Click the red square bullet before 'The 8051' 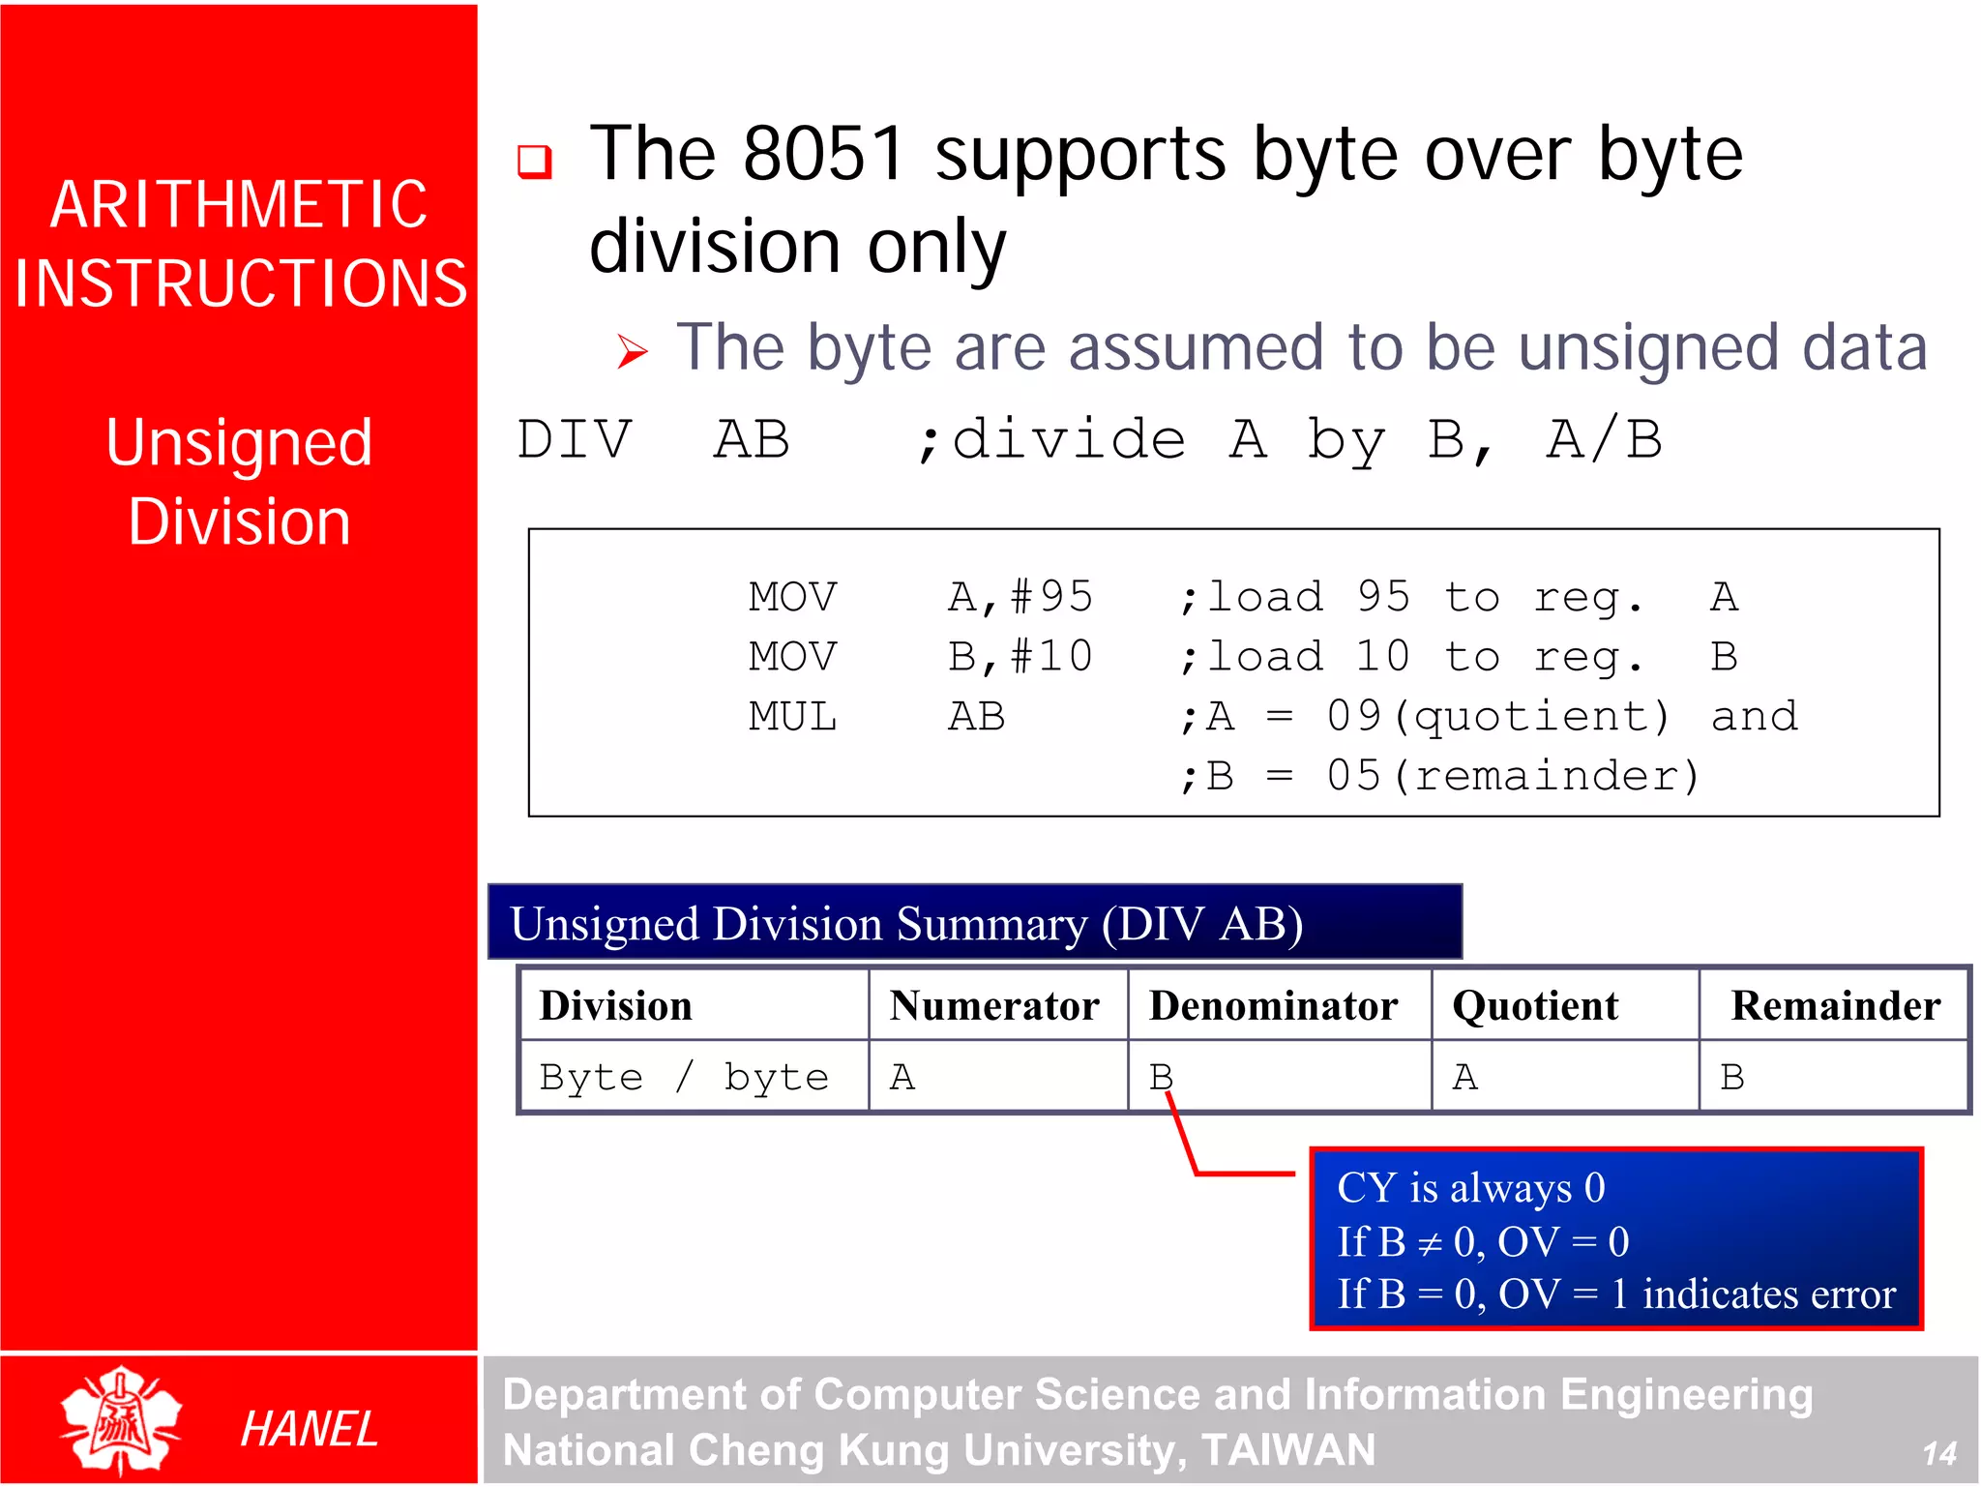pos(535,162)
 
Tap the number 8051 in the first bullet pos(824,155)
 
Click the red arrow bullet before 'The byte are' pos(632,352)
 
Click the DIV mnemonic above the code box pos(575,440)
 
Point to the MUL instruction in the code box pos(792,718)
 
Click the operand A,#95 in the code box pos(1020,597)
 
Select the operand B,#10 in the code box pos(1020,657)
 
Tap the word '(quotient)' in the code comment pos(1540,718)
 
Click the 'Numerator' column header pos(994,1006)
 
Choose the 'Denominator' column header pos(1273,1006)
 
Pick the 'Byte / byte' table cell pos(684,1077)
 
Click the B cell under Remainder pos(1731,1077)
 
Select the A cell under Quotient pos(1464,1077)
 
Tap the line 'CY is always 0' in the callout pos(1470,1188)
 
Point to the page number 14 pos(1938,1453)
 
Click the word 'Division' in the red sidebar pos(239,522)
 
